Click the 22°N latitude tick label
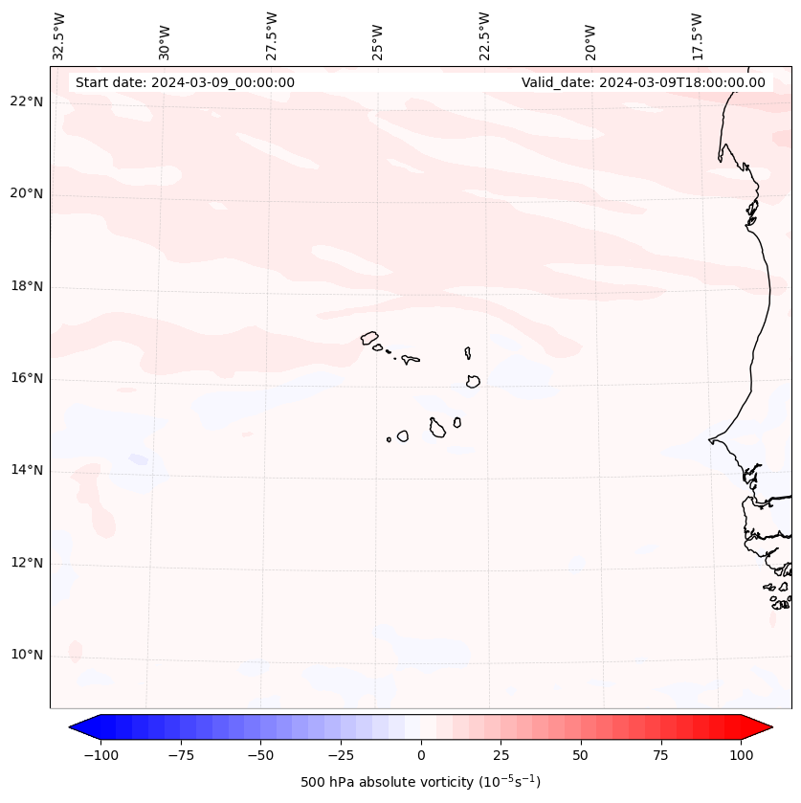[x=27, y=102]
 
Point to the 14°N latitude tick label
[x=27, y=471]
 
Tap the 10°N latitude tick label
[x=27, y=656]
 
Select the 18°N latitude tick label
[x=27, y=286]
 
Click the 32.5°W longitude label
[x=59, y=35]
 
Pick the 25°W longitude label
[x=378, y=38]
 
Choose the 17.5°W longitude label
[x=697, y=35]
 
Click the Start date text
[x=185, y=82]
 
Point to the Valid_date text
[x=643, y=82]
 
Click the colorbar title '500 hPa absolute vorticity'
[x=420, y=782]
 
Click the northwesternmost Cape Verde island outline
[x=369, y=338]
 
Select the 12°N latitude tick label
[x=27, y=563]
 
